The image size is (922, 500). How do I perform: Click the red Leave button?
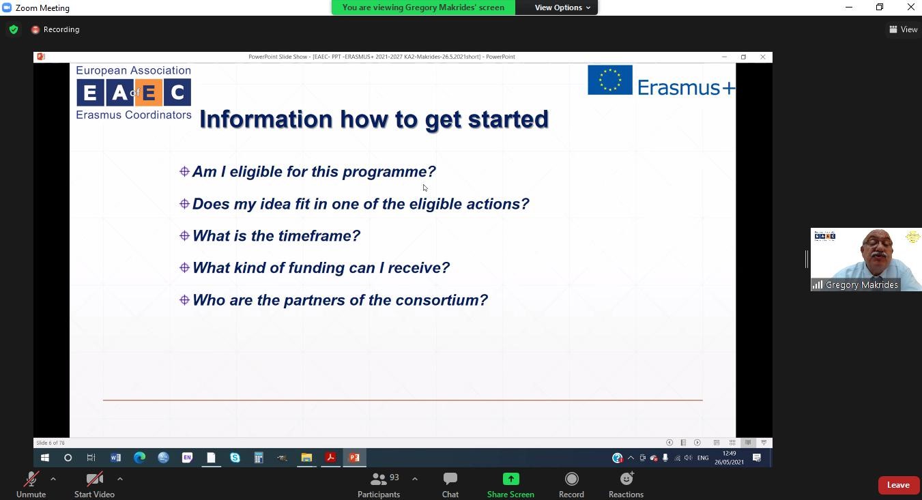tap(899, 485)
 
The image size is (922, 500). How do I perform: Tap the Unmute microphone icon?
tap(31, 479)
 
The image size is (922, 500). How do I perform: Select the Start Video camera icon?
tap(94, 479)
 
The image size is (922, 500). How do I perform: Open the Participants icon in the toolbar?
tap(378, 479)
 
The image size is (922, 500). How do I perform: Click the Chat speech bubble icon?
tap(450, 479)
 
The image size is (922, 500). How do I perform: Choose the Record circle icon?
tap(571, 479)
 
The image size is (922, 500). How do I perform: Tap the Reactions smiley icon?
tap(626, 479)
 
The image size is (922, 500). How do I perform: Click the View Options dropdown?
tap(562, 8)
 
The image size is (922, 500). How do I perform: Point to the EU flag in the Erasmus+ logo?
tap(610, 80)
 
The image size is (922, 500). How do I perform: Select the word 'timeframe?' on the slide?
tap(317, 236)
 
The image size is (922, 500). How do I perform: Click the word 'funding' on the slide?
tap(316, 268)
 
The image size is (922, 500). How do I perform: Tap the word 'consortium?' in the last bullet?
tap(442, 300)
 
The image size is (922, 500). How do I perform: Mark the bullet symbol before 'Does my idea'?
tap(184, 204)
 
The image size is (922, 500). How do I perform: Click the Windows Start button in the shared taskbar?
tap(45, 458)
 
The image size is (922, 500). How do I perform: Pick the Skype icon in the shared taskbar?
tap(235, 458)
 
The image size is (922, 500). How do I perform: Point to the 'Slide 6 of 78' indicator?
tap(51, 443)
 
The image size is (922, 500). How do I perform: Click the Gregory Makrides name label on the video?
tap(861, 284)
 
